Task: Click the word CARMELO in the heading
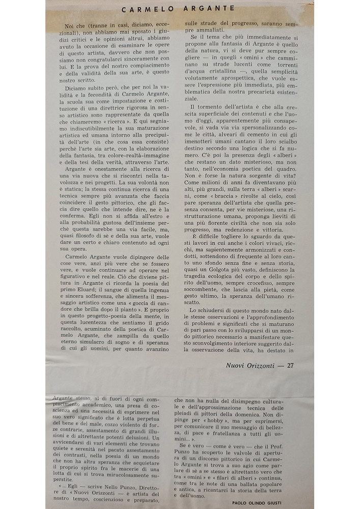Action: (146, 8)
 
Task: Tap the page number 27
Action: (290, 364)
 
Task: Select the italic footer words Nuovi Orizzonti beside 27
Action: (250, 364)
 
